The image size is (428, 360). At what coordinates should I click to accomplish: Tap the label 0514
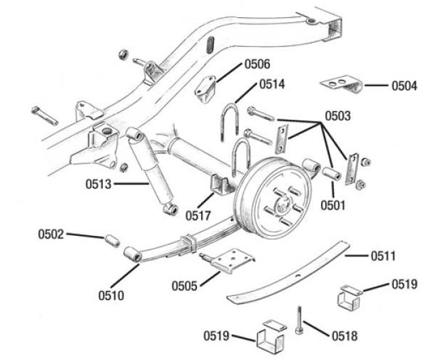(x=271, y=84)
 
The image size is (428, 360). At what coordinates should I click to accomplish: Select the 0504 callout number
(x=404, y=86)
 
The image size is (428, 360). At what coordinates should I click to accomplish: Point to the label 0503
(x=339, y=114)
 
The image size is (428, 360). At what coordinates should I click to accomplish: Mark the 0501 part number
(x=333, y=207)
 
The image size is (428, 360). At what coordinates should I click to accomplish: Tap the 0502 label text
(x=51, y=232)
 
